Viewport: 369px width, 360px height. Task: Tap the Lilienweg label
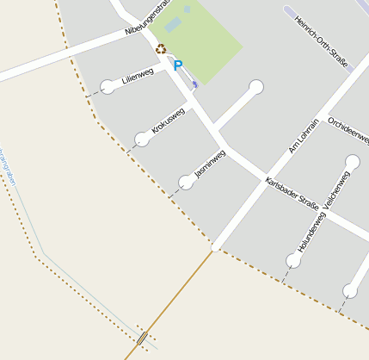(138, 76)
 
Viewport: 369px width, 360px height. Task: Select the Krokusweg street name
(168, 120)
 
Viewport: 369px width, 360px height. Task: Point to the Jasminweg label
(210, 164)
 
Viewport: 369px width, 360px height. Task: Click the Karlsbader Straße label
(292, 194)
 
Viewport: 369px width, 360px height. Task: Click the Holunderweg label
(311, 233)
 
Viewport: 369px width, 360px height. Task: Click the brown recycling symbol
(160, 49)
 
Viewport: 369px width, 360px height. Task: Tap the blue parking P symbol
(178, 65)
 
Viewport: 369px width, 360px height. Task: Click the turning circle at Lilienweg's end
(108, 86)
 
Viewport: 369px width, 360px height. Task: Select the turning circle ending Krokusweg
(142, 138)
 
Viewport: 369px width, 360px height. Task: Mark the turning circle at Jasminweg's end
(186, 182)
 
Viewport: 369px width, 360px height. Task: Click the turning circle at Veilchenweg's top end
(353, 161)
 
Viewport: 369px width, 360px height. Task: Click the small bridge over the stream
(141, 338)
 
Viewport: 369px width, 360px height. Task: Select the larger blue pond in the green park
(173, 25)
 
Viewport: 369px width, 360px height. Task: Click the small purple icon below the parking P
(194, 83)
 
